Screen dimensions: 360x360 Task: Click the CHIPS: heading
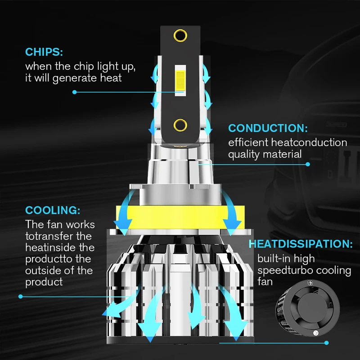[x=44, y=52]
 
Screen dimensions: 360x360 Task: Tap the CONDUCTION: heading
[x=268, y=128]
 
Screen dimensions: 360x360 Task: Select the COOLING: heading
[x=53, y=210]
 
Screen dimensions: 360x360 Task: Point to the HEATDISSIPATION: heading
[x=301, y=244]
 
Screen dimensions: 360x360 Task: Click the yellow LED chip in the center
[x=180, y=80]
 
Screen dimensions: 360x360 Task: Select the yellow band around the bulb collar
[x=180, y=217]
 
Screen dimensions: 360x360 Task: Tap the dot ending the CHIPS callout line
[x=74, y=92]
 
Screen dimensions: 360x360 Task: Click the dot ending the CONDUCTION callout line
[x=308, y=164]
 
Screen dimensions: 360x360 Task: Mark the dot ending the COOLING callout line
[x=20, y=297]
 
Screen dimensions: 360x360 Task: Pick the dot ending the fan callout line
[x=326, y=343]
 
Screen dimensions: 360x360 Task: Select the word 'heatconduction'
[x=309, y=142]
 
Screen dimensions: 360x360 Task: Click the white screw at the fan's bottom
[x=316, y=333]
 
